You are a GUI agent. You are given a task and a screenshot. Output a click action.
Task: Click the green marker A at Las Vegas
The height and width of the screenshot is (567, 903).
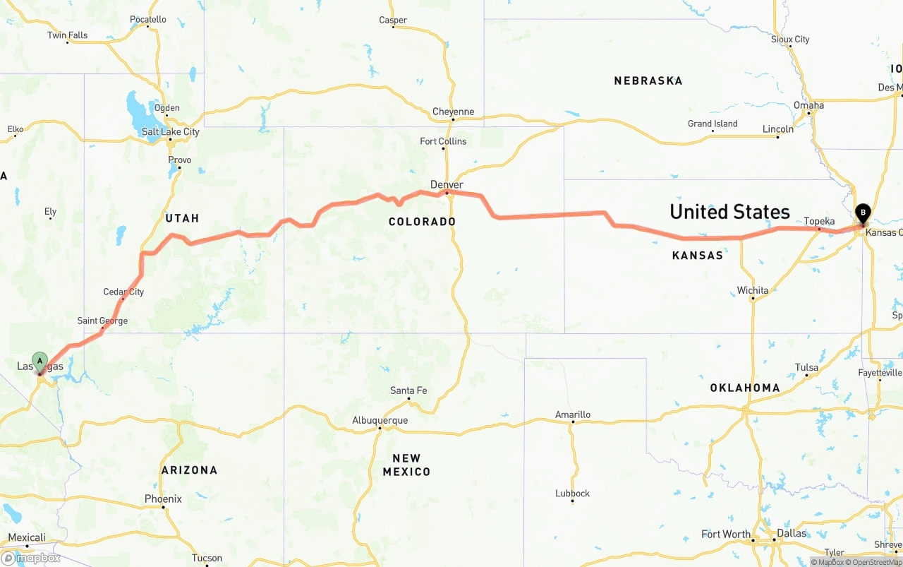[40, 362]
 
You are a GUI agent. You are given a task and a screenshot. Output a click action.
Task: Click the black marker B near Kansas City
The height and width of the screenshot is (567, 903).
[862, 213]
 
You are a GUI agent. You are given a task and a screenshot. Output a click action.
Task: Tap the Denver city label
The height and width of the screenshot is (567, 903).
[447, 185]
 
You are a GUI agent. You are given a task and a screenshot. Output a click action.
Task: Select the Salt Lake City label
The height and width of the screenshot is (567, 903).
[171, 132]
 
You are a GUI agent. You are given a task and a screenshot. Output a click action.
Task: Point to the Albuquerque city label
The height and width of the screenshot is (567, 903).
[380, 421]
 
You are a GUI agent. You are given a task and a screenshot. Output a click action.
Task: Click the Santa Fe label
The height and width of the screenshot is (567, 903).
[408, 391]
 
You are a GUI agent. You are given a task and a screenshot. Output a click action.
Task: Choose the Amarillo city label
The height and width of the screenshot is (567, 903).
[572, 414]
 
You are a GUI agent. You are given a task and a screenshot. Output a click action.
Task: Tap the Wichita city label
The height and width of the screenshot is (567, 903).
[753, 290]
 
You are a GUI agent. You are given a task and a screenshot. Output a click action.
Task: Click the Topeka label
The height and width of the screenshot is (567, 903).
[819, 222]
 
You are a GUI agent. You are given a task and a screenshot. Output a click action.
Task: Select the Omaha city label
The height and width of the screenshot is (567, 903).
[808, 105]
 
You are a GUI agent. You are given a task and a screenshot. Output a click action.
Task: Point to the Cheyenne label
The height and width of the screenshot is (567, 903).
[453, 112]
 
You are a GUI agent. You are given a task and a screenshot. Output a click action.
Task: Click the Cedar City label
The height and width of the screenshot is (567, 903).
[123, 292]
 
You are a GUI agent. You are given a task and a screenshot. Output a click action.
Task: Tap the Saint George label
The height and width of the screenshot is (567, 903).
[102, 321]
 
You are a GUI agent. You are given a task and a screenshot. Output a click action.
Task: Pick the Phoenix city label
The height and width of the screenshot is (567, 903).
[163, 499]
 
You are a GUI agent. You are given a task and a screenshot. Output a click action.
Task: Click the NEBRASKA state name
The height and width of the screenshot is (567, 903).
[648, 81]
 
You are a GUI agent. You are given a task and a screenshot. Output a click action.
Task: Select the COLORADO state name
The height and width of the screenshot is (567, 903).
[422, 222]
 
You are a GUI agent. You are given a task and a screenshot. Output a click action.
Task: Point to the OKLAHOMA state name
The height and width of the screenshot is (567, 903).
[744, 388]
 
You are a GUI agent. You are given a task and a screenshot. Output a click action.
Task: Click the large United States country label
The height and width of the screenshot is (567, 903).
[729, 212]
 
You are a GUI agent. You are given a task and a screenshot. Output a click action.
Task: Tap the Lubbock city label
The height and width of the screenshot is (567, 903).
[572, 494]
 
